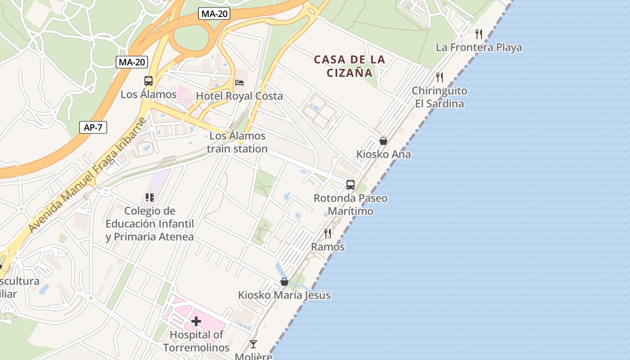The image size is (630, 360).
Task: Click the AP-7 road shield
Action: tap(93, 127)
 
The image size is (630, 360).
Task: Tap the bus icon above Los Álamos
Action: tap(148, 81)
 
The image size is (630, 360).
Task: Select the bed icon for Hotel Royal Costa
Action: tap(239, 83)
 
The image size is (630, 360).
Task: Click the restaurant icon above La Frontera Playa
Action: tap(479, 34)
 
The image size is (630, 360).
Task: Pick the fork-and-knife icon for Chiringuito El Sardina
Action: tap(440, 77)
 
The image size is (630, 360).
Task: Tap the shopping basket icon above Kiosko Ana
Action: tap(383, 141)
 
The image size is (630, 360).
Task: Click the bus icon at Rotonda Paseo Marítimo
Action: tap(351, 184)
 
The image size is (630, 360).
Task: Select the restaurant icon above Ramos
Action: tap(328, 233)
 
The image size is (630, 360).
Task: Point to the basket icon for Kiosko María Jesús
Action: tap(284, 282)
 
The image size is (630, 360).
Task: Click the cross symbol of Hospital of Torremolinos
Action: tap(196, 321)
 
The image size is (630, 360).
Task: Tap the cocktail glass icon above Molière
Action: tap(253, 344)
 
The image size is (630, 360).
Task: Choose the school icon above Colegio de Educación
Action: tap(150, 197)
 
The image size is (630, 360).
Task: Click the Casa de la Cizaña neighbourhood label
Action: tap(350, 66)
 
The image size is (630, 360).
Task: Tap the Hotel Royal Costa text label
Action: tap(239, 96)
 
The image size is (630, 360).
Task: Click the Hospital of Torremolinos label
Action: tap(196, 341)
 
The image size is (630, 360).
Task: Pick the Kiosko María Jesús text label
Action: tap(284, 295)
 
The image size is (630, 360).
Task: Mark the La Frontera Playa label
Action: tap(479, 47)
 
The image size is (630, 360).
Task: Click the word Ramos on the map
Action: tap(328, 247)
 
